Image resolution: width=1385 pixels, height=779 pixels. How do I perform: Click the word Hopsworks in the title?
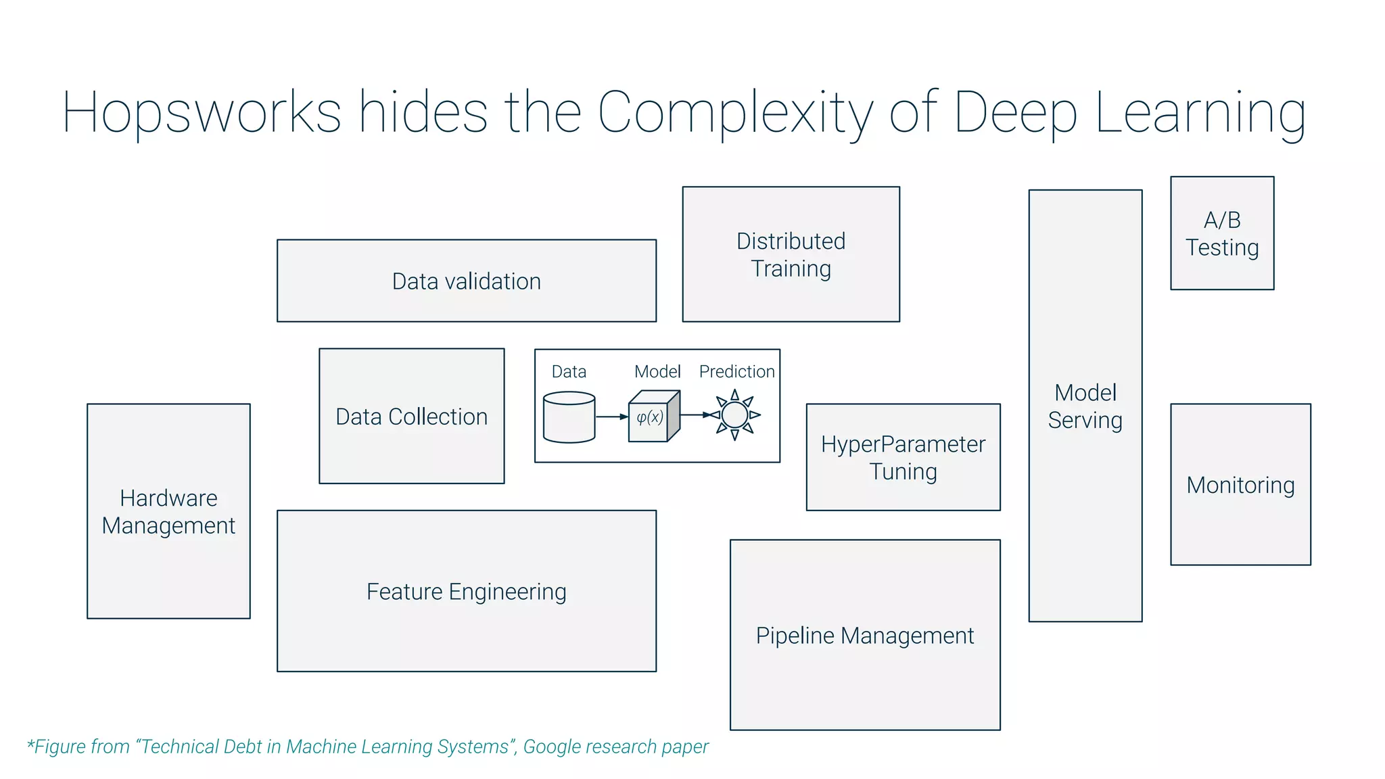click(x=202, y=112)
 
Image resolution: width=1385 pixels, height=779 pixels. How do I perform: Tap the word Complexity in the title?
click(x=735, y=112)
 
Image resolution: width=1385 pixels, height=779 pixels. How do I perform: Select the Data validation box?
click(x=466, y=281)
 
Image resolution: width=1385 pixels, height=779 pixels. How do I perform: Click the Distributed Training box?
click(x=791, y=254)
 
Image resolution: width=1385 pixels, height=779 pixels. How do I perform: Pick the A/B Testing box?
click(x=1222, y=233)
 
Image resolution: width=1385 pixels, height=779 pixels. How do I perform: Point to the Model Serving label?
click(x=1085, y=406)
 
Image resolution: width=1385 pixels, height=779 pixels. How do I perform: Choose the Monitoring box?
click(x=1240, y=485)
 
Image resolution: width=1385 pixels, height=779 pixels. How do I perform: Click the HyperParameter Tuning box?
click(x=903, y=457)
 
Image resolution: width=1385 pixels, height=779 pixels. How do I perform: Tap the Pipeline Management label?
click(x=864, y=636)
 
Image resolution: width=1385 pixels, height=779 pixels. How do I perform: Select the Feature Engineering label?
click(x=466, y=592)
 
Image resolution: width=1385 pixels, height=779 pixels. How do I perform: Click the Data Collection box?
click(x=411, y=416)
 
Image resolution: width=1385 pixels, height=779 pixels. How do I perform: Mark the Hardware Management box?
click(x=168, y=511)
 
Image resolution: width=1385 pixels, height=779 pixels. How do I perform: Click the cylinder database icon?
click(x=569, y=417)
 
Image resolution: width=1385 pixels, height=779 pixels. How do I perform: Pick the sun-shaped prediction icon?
click(x=735, y=415)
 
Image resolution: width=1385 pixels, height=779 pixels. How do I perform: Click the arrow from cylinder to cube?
click(x=612, y=417)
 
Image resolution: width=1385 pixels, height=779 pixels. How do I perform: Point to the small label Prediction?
click(x=736, y=371)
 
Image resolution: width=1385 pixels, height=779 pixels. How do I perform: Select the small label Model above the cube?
click(x=657, y=371)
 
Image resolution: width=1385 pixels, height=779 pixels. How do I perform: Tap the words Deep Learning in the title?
click(x=1129, y=112)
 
